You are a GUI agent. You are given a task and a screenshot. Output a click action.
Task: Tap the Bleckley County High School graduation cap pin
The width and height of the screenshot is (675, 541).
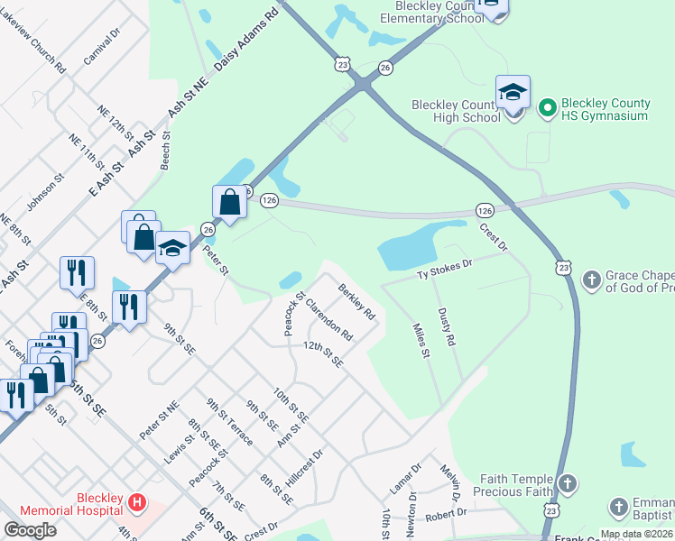[x=513, y=93]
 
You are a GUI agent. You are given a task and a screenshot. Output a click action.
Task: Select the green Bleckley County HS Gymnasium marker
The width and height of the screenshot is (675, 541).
[x=546, y=109]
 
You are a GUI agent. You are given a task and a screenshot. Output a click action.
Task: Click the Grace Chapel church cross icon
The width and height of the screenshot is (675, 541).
[x=592, y=280]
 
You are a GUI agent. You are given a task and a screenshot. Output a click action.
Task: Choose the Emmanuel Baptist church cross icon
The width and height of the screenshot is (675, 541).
[x=619, y=507]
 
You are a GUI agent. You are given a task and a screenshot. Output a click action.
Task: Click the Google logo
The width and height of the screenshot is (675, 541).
[x=30, y=529]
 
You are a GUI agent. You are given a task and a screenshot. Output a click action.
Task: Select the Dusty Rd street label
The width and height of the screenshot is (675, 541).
[x=446, y=328]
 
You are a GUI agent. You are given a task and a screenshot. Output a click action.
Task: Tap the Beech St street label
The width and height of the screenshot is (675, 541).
[x=165, y=151]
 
